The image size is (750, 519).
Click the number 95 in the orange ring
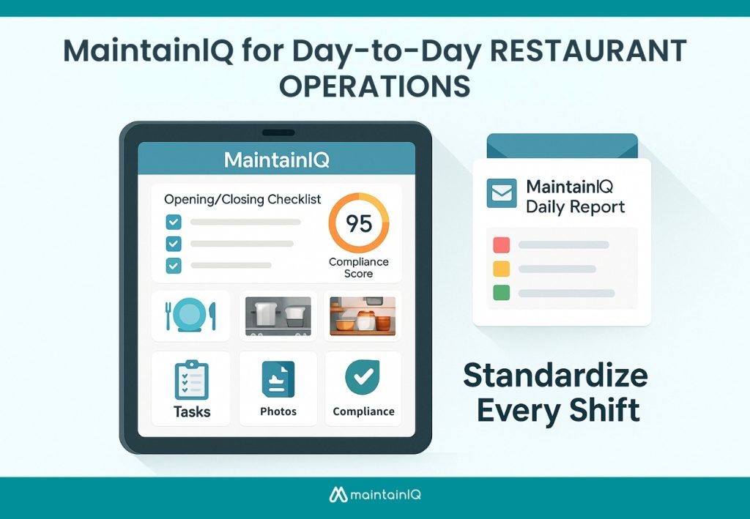coord(359,223)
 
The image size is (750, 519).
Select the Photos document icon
coord(278,379)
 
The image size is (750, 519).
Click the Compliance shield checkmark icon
coord(363,378)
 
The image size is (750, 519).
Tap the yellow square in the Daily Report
coord(501,269)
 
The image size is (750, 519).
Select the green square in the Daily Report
coord(501,293)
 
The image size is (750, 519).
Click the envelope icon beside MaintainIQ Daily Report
coord(502,195)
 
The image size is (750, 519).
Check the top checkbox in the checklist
coord(174,222)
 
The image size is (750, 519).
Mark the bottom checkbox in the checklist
coord(174,266)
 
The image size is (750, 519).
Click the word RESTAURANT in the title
coord(571,52)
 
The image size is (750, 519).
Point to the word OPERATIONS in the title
coord(374,86)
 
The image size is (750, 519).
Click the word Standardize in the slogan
coord(555,376)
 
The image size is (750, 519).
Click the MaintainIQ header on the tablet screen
coord(276,159)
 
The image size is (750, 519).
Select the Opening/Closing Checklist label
coord(242,199)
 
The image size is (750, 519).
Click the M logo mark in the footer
coord(338,496)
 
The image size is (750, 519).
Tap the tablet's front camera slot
coord(277,132)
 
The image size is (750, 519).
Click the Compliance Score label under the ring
coord(358,268)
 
